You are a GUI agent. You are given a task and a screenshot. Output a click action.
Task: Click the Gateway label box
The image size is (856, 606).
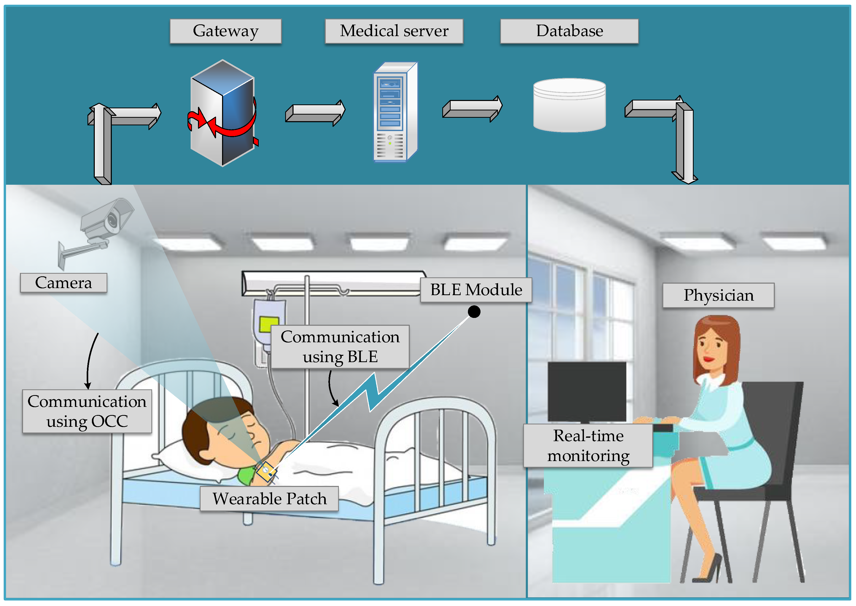225,31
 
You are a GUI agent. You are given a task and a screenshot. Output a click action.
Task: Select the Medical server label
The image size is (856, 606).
394,31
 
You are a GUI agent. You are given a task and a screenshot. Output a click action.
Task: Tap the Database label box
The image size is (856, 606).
569,31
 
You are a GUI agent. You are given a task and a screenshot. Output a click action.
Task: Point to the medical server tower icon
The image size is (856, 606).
395,112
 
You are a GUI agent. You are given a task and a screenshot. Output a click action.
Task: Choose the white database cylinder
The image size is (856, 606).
569,105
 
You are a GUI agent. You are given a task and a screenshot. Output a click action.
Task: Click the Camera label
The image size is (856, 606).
63,283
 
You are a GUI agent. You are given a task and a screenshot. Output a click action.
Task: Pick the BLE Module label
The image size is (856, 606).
476,290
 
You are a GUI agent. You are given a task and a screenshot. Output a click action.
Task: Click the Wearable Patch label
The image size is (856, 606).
269,498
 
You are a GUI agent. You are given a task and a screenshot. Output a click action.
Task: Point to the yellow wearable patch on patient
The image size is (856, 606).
266,471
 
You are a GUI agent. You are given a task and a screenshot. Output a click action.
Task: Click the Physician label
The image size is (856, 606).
718,295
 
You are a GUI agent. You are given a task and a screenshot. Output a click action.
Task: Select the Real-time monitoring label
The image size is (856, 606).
588,446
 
